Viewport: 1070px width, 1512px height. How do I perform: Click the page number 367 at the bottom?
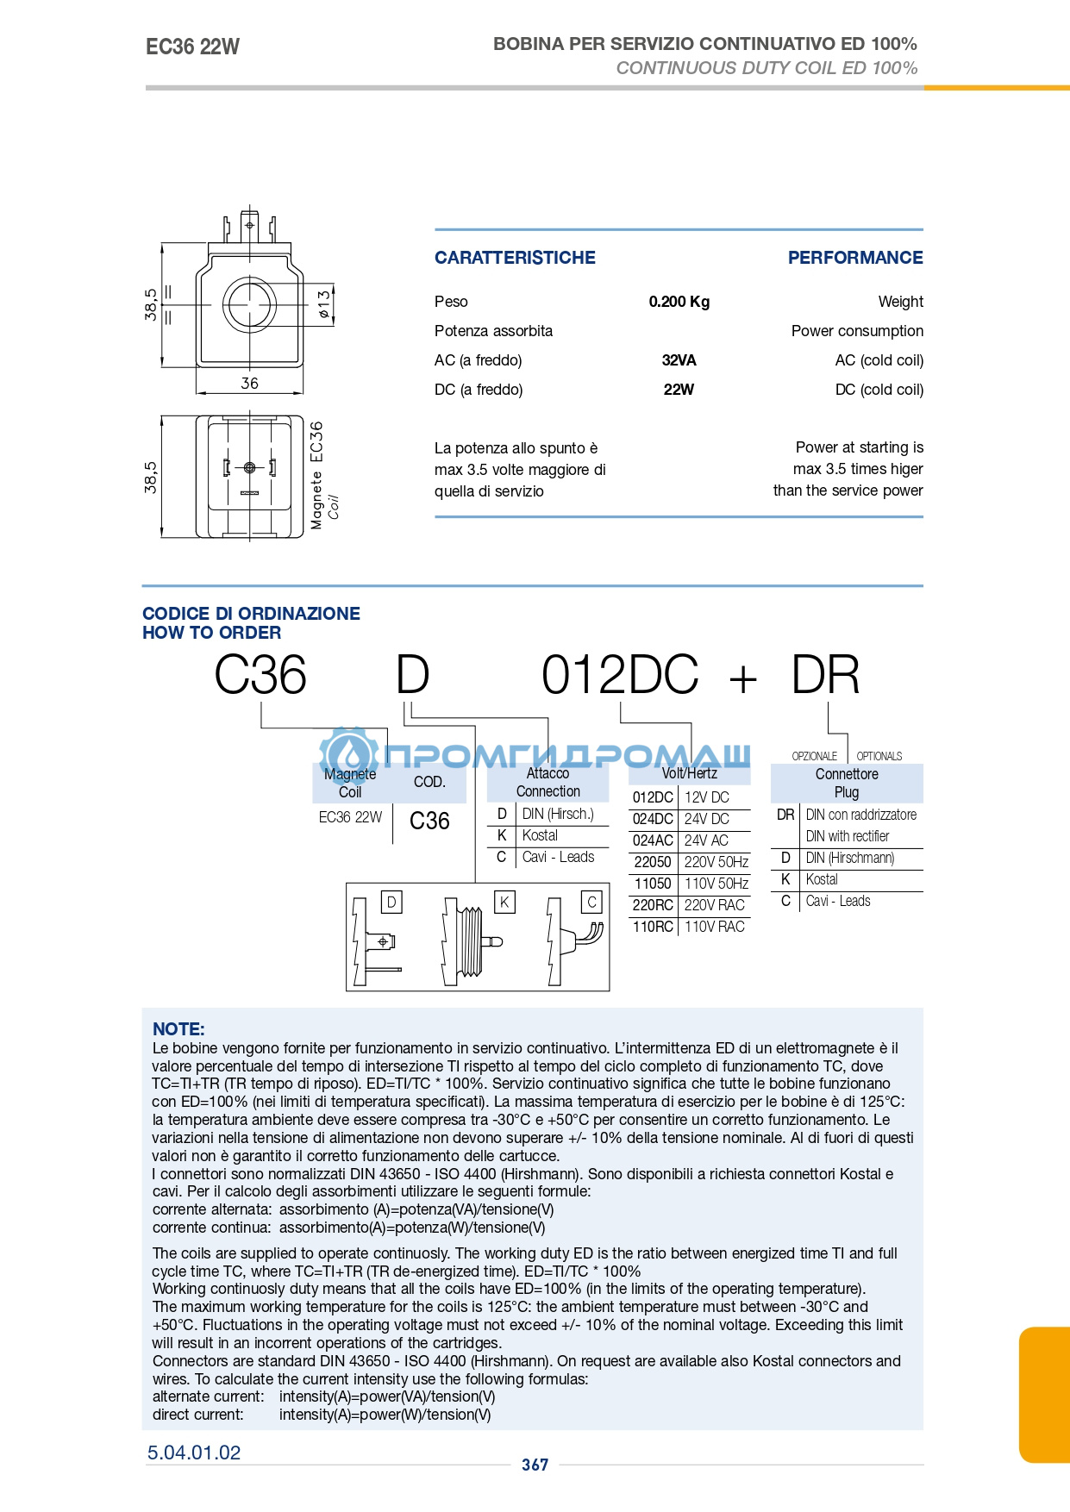point(535,1465)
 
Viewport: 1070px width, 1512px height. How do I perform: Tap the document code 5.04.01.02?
point(194,1453)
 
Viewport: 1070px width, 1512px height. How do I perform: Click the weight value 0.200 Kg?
point(679,302)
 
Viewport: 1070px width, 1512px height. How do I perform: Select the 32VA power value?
point(679,360)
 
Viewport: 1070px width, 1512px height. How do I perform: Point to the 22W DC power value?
point(679,390)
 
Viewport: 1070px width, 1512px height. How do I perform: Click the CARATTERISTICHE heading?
point(515,258)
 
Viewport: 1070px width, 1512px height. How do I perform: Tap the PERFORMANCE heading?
point(855,258)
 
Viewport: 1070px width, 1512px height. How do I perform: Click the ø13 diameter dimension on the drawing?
point(323,304)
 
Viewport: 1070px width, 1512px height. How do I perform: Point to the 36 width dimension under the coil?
point(249,383)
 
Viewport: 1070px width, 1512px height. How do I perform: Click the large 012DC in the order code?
point(620,675)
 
